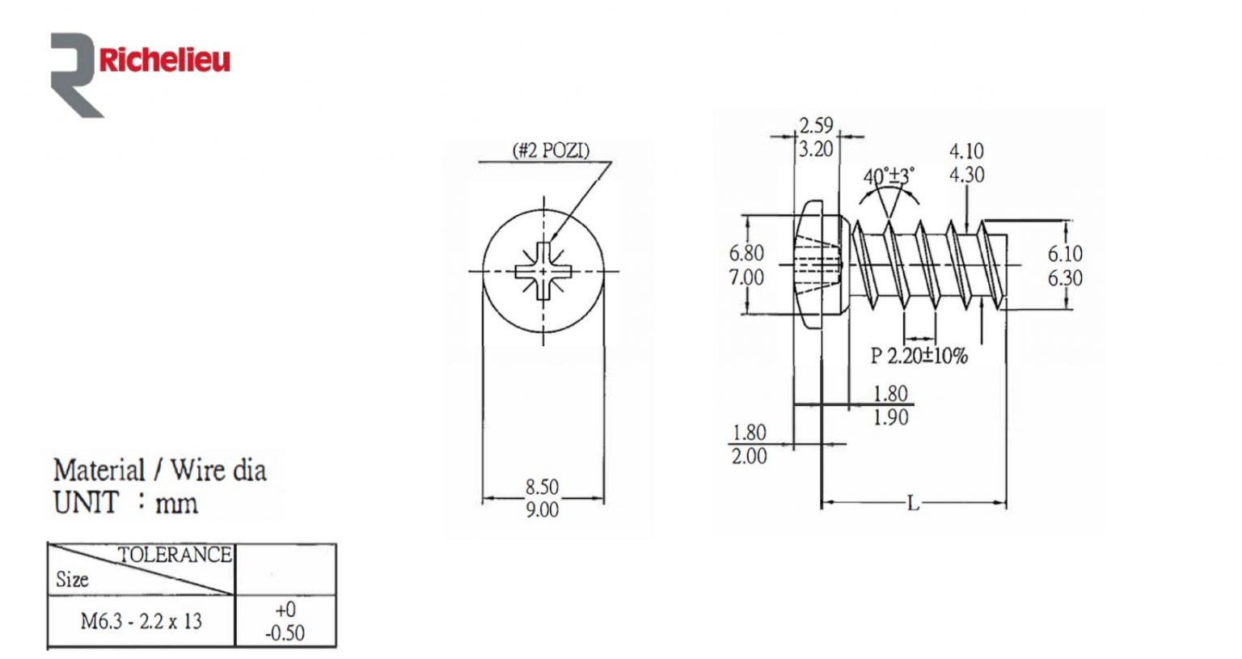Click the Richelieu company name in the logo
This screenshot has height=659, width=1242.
click(x=164, y=60)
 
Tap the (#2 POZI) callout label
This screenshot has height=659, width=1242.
click(x=551, y=150)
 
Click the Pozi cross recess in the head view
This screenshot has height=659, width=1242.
click(x=543, y=271)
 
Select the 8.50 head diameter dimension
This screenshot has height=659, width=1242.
click(x=542, y=487)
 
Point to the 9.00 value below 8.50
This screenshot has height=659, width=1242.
click(x=542, y=510)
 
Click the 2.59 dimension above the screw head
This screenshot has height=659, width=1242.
click(x=816, y=125)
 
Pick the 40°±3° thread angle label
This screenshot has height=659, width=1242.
click(x=889, y=176)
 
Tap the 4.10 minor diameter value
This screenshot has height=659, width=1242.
click(x=966, y=151)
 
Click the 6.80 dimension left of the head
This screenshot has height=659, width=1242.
click(x=746, y=253)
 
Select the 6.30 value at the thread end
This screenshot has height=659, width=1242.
click(x=1065, y=278)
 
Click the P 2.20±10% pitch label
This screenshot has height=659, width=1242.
click(x=919, y=356)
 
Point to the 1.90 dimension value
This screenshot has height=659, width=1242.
click(x=890, y=418)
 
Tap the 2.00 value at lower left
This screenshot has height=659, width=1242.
click(x=749, y=457)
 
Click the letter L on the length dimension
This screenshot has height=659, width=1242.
click(x=913, y=505)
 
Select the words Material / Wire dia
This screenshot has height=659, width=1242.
click(x=159, y=471)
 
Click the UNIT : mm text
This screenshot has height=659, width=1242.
click(x=125, y=503)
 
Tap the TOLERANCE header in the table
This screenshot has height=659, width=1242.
click(x=175, y=555)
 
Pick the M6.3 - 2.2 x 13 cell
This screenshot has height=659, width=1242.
click(x=141, y=622)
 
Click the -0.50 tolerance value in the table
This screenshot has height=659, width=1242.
click(x=285, y=633)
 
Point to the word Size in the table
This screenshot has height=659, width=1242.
click(x=72, y=579)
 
